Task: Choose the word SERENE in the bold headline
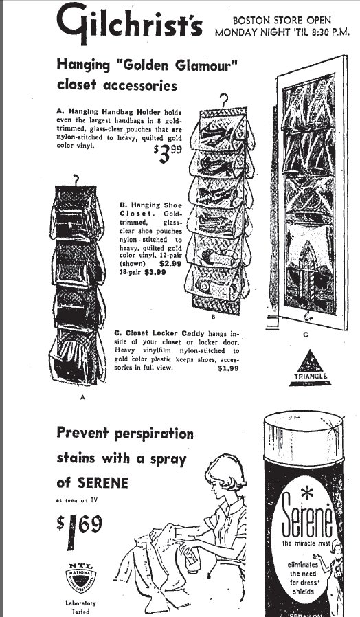click(100, 482)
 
